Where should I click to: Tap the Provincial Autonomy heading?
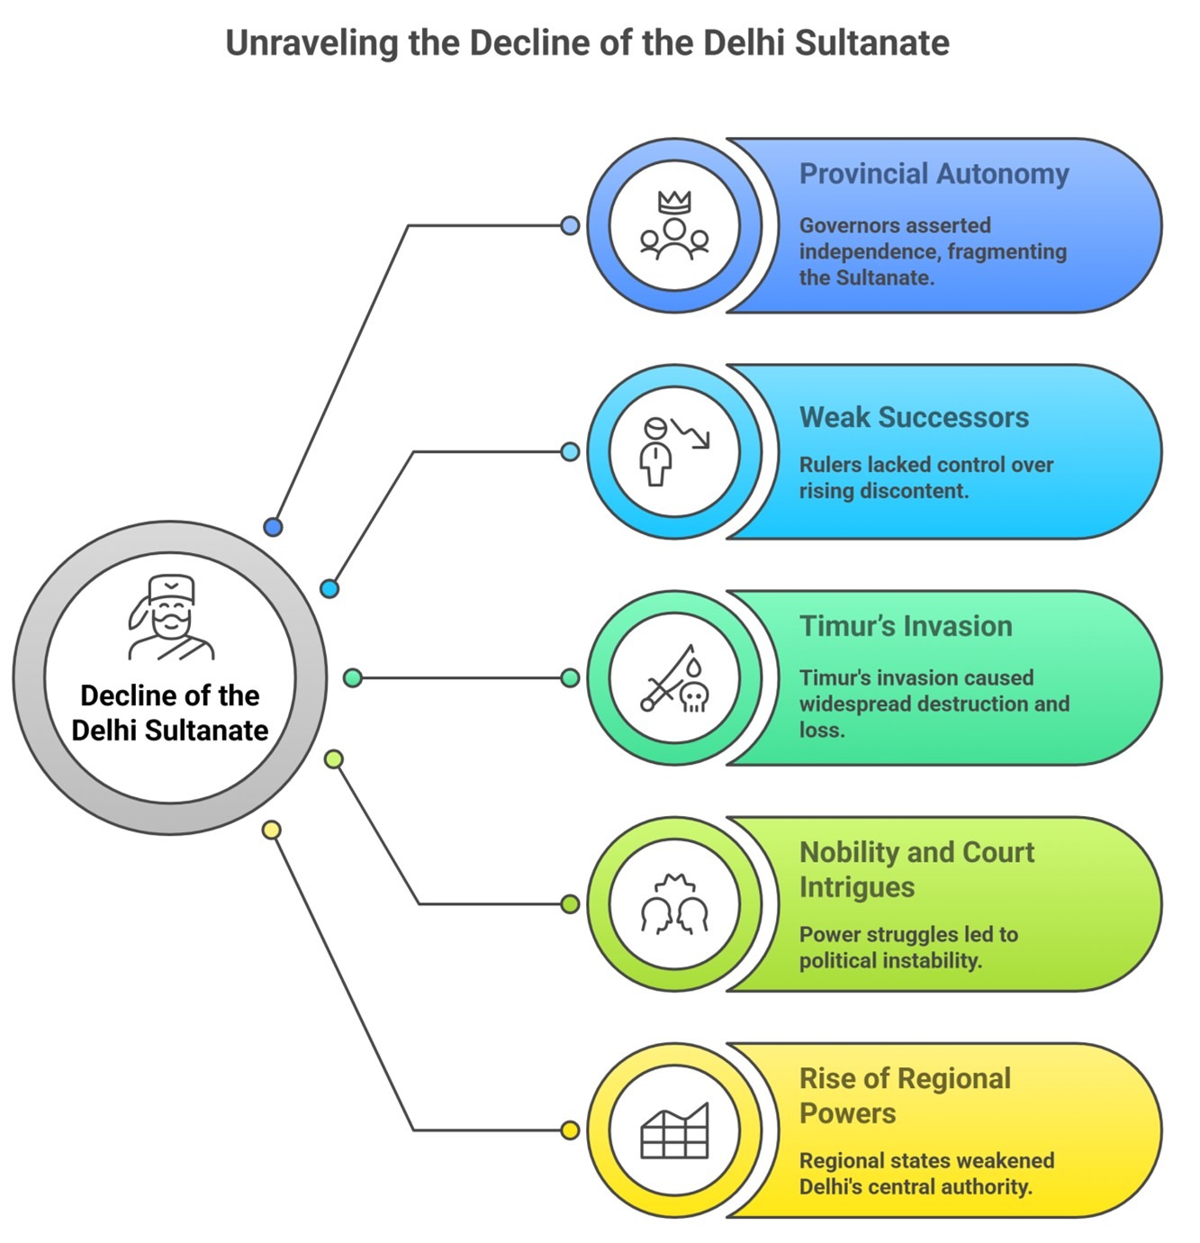934,174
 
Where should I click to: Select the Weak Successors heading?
914,417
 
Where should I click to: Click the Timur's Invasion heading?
906,626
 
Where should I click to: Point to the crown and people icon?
674,226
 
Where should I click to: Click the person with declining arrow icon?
674,451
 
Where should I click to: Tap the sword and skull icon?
674,678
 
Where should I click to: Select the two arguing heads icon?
674,904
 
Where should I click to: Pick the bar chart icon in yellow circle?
674,1130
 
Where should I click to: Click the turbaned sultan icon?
170,617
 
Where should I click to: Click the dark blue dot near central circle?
273,527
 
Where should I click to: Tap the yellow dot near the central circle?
272,830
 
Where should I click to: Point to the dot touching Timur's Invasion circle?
570,677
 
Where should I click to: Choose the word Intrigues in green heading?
856,887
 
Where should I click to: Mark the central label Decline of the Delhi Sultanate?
170,712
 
